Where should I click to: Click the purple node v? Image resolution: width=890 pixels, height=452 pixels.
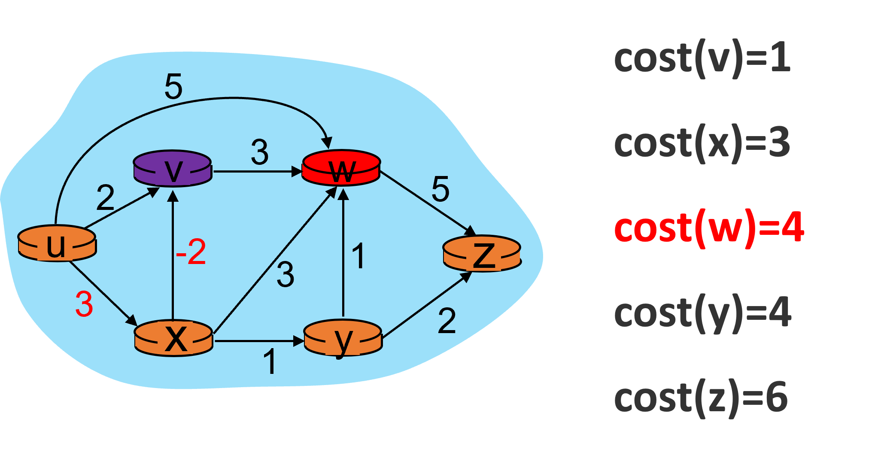pos(173,169)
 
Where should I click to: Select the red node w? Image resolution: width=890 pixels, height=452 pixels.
pos(341,168)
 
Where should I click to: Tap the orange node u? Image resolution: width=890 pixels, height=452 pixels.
pos(57,243)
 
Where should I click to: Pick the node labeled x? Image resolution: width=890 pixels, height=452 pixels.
pos(174,338)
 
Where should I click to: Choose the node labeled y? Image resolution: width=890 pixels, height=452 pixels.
pos(343,338)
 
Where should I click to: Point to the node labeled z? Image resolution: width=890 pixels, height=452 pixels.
pos(482,254)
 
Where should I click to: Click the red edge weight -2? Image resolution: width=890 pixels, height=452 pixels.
pos(191,252)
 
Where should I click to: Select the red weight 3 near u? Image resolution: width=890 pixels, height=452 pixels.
pos(84,304)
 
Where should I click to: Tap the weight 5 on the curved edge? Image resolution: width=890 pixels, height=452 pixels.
pos(173,86)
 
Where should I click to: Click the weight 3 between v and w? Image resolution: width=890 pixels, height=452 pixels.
pos(260,152)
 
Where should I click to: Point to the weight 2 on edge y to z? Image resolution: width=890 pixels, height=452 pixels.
pos(447,321)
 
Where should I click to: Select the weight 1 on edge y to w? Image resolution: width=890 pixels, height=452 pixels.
pos(358,256)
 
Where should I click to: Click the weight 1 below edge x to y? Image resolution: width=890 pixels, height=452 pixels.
pos(270,361)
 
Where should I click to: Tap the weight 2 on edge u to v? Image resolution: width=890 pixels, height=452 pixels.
pos(106,197)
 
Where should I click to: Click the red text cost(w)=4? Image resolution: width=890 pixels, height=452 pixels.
pos(709,228)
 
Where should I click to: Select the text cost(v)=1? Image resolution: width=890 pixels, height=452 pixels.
pos(702,59)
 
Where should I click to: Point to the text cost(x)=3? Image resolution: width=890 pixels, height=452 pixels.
pos(702,143)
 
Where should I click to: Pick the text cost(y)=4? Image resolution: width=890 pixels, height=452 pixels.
pos(703,313)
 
